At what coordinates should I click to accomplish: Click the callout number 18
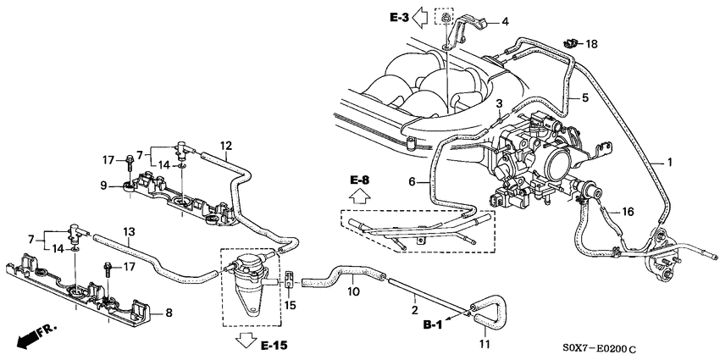pyautogui.click(x=592, y=45)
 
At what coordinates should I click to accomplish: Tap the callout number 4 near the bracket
pyautogui.click(x=505, y=21)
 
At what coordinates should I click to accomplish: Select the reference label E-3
pyautogui.click(x=399, y=18)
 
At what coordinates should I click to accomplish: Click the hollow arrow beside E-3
pyautogui.click(x=419, y=18)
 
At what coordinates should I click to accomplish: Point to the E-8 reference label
pyautogui.click(x=359, y=180)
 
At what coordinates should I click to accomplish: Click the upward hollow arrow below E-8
pyautogui.click(x=360, y=197)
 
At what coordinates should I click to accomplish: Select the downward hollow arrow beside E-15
pyautogui.click(x=246, y=342)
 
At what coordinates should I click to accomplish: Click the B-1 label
pyautogui.click(x=433, y=325)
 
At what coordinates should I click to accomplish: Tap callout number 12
pyautogui.click(x=226, y=146)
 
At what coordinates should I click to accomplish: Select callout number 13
pyautogui.click(x=130, y=231)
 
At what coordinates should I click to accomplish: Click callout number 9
pyautogui.click(x=103, y=186)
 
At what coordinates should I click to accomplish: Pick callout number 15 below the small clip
pyautogui.click(x=290, y=305)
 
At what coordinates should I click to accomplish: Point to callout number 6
pyautogui.click(x=412, y=182)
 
